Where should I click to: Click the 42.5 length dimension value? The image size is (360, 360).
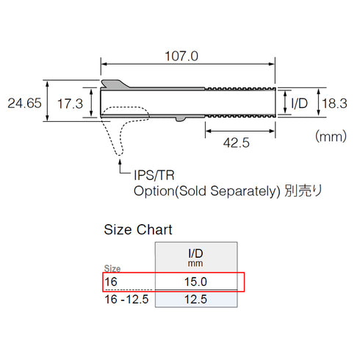pos(236,144)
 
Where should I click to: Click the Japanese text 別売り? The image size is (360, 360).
pos(304,191)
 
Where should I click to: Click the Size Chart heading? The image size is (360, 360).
pos(138,229)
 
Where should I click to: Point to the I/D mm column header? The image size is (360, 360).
pos(195,256)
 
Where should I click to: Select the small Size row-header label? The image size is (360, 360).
pos(112,269)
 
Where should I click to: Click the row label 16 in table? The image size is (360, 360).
pos(110,281)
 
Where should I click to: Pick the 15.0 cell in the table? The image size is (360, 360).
pos(195,281)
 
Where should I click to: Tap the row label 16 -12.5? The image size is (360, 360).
pos(126,299)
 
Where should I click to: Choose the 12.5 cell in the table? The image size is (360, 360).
pos(195,299)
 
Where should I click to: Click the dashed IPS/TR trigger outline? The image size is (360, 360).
pos(122,132)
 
